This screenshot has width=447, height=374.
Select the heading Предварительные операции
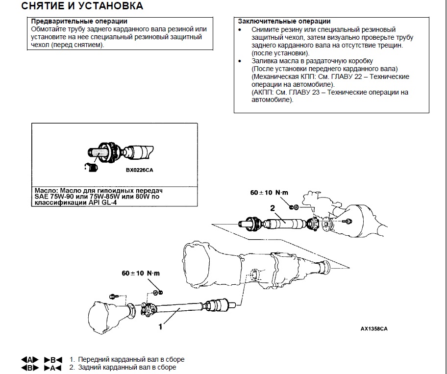pyautogui.click(x=79, y=22)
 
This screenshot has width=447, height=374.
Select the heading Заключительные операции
pyautogui.click(x=284, y=22)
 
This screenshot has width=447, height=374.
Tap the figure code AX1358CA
pyautogui.click(x=367, y=329)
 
